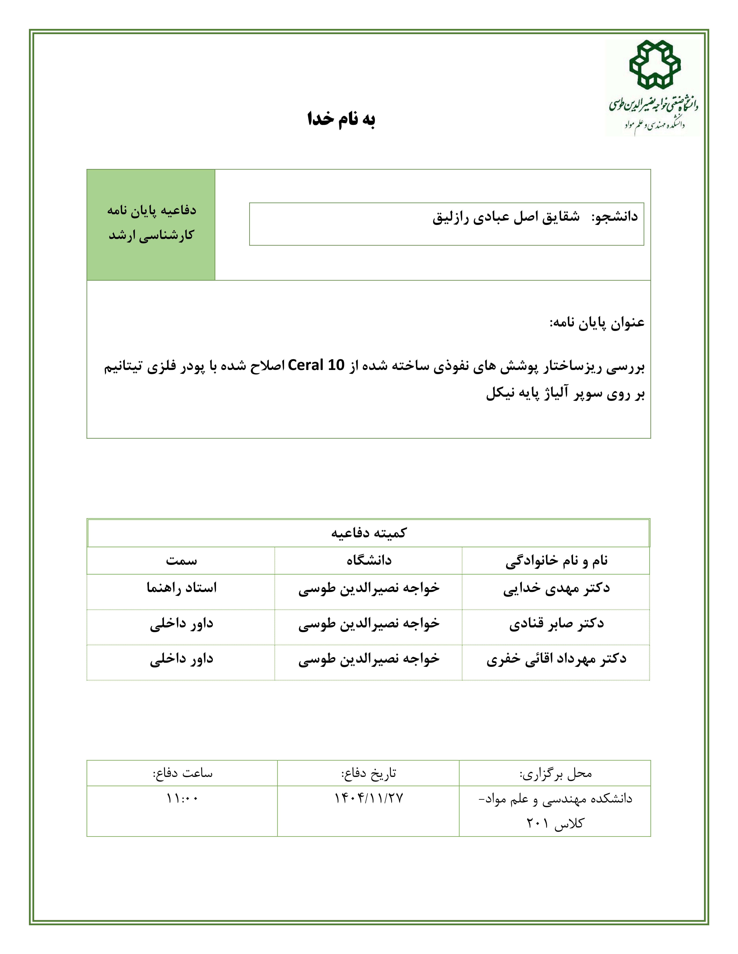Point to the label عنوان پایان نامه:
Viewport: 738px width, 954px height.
(597, 323)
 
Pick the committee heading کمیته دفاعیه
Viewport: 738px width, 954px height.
(369, 533)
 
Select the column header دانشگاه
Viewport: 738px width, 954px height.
(369, 560)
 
